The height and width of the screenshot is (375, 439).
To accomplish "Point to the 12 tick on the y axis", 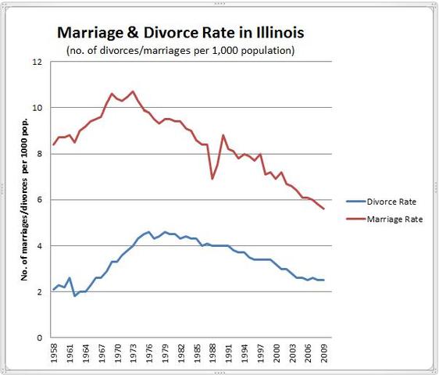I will coord(37,62).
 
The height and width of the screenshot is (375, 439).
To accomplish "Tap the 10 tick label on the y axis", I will coord(37,108).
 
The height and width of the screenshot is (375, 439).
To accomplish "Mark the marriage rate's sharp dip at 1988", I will coord(212,179).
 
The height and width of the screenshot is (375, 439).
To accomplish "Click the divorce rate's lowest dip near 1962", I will coord(75,296).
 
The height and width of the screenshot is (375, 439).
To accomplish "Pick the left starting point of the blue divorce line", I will coord(53,290).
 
